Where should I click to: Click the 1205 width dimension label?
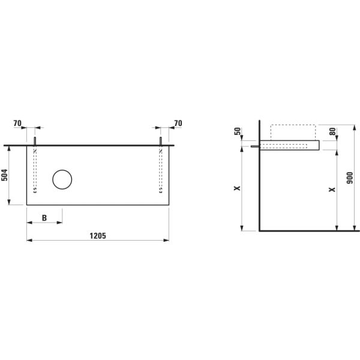pos(98,236)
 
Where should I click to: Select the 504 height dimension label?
pos(5,175)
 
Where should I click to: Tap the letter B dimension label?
pos(44,218)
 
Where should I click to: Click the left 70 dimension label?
pos(18,123)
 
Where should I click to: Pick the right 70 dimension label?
pos(178,123)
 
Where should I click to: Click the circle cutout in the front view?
pos(62,179)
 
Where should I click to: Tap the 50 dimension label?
pos(237,132)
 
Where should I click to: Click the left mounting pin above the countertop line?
pos(35,141)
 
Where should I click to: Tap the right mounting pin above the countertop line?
pos(161,141)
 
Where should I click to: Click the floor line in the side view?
pos(308,230)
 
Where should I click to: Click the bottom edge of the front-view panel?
pos(98,205)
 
